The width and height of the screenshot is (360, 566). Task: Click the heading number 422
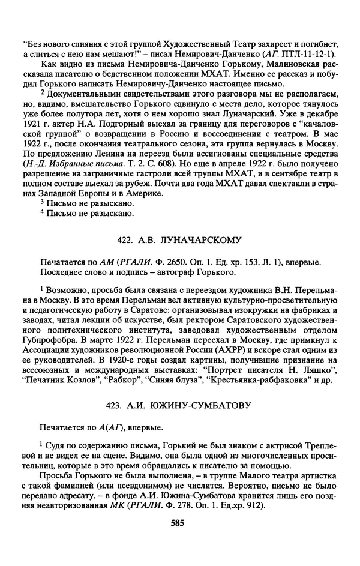point(125,241)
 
